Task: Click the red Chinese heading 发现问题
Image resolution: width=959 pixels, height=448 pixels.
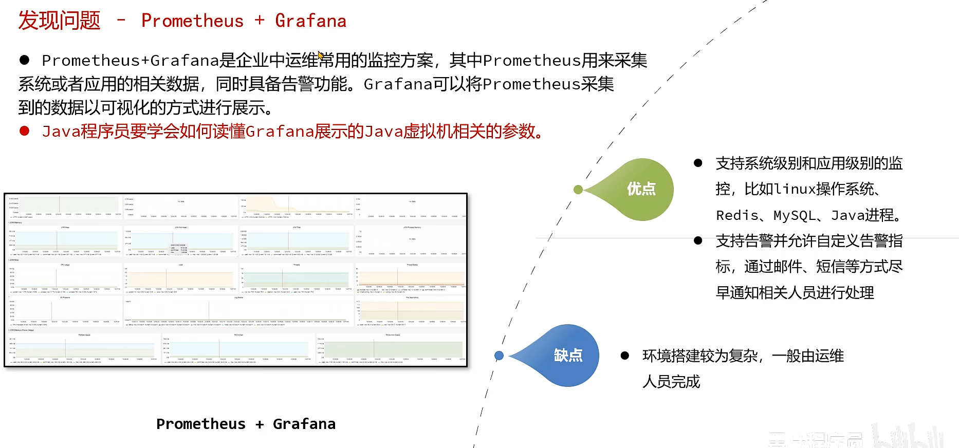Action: point(60,21)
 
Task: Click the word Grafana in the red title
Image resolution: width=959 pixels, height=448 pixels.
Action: point(310,21)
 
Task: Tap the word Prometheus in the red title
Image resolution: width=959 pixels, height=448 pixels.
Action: point(192,21)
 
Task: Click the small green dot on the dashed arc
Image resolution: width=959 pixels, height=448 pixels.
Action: point(578,190)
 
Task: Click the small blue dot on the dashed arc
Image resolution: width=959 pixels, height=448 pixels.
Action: point(499,356)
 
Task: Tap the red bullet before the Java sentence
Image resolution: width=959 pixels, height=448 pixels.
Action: point(24,131)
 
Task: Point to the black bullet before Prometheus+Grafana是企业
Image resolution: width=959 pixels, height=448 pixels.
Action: point(24,60)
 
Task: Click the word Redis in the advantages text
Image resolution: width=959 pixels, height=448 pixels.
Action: point(736,215)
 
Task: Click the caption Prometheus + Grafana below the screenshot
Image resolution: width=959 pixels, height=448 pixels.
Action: point(246,424)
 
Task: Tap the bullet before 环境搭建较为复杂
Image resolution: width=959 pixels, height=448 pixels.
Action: point(625,356)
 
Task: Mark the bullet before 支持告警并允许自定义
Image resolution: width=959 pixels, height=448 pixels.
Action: point(698,240)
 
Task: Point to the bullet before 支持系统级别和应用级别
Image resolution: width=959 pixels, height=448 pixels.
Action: point(698,163)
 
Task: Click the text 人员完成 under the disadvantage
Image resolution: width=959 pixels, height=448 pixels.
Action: point(671,382)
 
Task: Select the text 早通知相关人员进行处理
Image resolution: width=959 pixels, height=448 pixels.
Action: point(795,293)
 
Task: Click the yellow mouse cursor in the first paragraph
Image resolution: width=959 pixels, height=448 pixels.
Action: point(321,55)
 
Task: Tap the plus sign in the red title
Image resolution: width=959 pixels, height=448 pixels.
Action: point(260,21)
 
